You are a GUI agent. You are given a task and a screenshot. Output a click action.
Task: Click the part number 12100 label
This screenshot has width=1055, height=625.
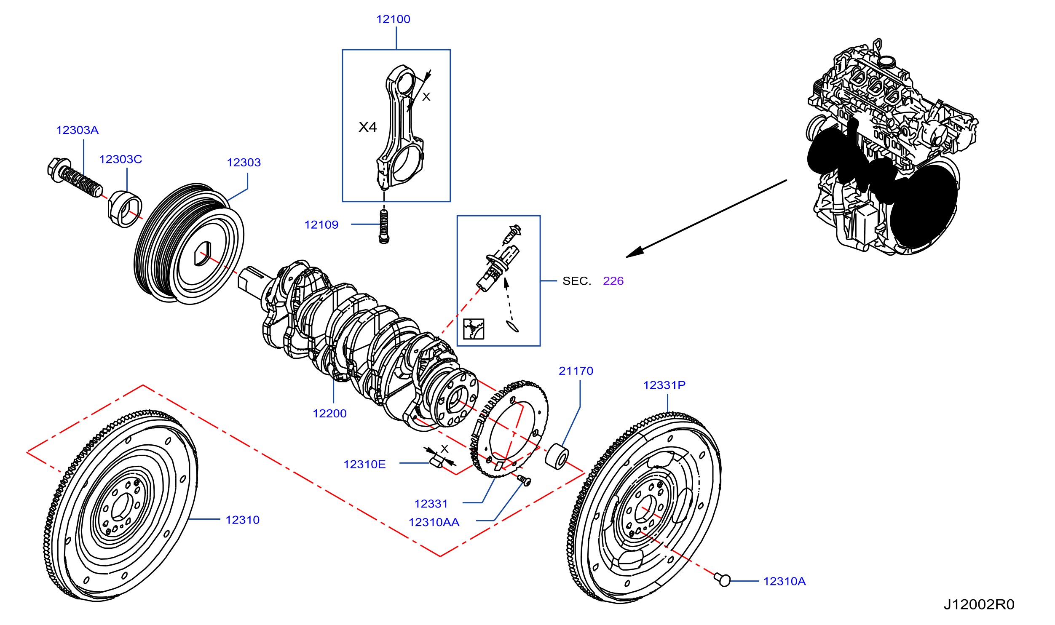click(393, 19)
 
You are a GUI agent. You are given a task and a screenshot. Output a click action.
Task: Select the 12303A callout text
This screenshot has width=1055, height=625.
click(78, 130)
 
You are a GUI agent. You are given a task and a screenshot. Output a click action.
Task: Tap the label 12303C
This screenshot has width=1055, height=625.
click(120, 159)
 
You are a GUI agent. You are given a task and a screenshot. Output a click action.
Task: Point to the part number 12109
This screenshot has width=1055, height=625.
click(321, 224)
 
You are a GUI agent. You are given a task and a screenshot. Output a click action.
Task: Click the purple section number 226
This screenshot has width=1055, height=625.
click(613, 281)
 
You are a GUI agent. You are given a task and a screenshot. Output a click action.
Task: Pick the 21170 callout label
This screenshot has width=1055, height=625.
click(576, 371)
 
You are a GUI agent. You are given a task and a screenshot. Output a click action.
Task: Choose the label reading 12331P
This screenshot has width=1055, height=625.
click(664, 385)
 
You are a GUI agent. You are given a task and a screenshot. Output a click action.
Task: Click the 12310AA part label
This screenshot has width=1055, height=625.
click(434, 522)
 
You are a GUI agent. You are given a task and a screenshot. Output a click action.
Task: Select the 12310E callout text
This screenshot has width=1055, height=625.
click(364, 464)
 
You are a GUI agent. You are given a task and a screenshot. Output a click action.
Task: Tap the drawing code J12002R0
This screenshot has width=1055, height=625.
click(979, 605)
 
